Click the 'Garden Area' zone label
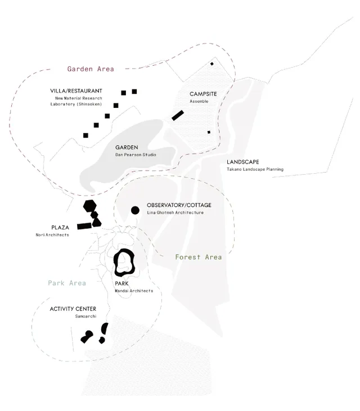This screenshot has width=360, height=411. pos(91,69)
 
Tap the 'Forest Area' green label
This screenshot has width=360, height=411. pos(199,257)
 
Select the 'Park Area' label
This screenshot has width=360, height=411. pos(67,283)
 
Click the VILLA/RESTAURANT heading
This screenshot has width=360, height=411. pos(76,91)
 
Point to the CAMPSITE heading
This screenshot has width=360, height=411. pos(203,94)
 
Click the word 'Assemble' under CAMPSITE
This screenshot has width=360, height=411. pos(199,101)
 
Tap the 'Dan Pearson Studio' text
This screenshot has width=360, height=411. pos(136,155)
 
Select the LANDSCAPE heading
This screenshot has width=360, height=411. pos(243,162)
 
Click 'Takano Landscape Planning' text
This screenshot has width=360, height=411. pos(255,169)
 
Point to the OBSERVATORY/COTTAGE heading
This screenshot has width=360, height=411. pos(179,205)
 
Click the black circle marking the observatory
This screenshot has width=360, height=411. pos(135,210)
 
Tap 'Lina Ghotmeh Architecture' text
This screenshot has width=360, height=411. pos(175,213)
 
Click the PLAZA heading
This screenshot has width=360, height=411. pos(60,228)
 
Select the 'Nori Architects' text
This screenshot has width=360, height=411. pos(52,235)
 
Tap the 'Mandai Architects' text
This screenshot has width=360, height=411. pos(134,291)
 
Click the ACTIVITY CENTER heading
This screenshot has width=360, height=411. pos(73,309)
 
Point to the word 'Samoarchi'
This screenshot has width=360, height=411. pos(85,316)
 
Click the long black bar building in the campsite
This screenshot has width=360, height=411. pos(178,115)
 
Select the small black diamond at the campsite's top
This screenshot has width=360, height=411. pos(212,64)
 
